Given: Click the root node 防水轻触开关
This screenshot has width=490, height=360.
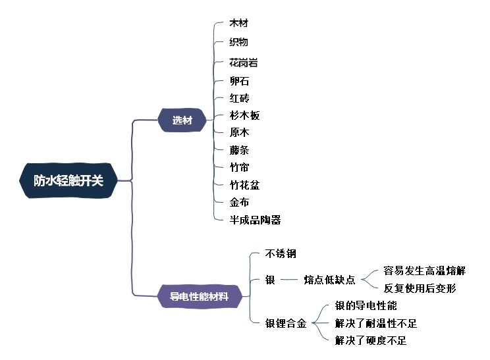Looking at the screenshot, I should (x=68, y=180).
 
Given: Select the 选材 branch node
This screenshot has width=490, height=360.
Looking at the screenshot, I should (x=182, y=120).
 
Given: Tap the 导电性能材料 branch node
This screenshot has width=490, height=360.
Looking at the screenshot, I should (x=199, y=296).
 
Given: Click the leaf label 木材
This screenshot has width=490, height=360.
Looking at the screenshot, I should (x=238, y=23).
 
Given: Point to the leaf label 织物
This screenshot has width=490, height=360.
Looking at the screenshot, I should (x=238, y=41).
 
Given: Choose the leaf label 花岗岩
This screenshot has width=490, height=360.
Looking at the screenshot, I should (x=243, y=63).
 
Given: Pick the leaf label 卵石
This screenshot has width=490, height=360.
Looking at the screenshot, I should (x=238, y=81).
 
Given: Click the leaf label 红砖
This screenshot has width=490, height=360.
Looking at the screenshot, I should (x=238, y=98).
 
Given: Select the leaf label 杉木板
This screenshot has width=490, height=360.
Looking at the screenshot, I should (x=244, y=115).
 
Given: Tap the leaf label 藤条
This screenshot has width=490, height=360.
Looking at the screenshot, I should (x=238, y=150).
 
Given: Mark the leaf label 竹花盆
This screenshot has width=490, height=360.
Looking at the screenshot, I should (x=244, y=185).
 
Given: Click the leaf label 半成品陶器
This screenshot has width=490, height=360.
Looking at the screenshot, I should (x=255, y=220).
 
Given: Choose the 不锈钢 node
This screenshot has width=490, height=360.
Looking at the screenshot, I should (x=281, y=253).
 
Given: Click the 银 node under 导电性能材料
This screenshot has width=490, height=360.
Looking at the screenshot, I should (x=270, y=280).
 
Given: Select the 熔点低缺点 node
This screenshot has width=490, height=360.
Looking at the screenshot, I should (x=329, y=280).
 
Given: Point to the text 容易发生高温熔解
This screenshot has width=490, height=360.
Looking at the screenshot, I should (x=424, y=270).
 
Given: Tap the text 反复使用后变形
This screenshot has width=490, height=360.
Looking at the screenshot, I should (x=420, y=288).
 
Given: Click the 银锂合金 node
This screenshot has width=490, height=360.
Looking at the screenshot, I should (x=286, y=323).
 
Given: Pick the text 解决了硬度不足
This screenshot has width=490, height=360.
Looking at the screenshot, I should (x=371, y=340).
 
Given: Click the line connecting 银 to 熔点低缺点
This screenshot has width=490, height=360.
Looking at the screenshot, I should (x=289, y=280).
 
